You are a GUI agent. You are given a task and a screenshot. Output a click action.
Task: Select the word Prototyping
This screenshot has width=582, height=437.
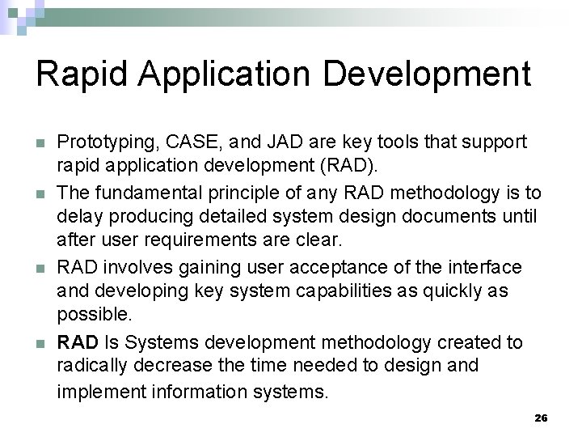pos(101,142)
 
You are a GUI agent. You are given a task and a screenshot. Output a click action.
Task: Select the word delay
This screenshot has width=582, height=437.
pos(76,216)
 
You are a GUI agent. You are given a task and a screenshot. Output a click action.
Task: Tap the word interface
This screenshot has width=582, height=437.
pos(480,266)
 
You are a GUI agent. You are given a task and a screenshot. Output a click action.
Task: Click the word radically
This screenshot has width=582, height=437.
pos(90,366)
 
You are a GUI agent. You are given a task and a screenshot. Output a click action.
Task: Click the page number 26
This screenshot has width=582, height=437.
pos(541,418)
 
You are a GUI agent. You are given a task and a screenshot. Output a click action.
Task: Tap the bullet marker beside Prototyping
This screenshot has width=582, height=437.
pos(40,142)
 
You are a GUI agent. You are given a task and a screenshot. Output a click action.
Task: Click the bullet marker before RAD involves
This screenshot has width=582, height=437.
pos(40,267)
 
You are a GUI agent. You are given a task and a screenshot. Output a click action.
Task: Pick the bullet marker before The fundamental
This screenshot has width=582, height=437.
pos(40,193)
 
